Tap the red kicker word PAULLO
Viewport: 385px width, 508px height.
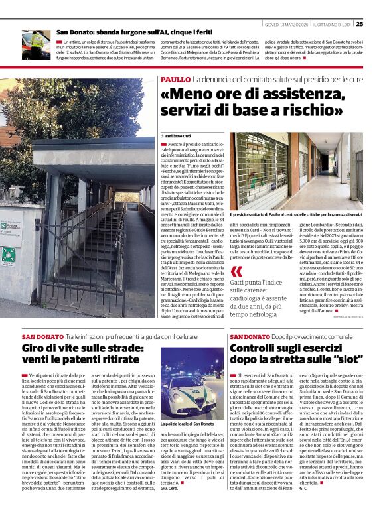(175, 80)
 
